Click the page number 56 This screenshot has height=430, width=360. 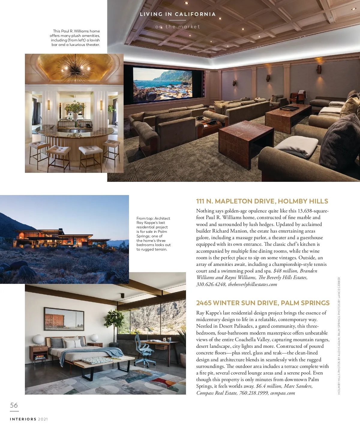click(14, 405)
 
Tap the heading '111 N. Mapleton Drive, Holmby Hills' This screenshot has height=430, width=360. click(262, 201)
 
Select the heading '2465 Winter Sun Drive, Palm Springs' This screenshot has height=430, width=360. click(263, 303)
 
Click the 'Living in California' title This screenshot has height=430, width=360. click(178, 14)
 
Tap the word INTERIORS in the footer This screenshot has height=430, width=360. click(23, 419)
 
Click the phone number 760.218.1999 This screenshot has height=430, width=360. click(253, 393)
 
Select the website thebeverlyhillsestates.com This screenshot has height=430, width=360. click(252, 284)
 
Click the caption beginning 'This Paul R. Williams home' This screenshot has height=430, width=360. click(75, 38)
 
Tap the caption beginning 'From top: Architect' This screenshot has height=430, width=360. click(153, 234)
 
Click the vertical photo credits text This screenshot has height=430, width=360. click(339, 335)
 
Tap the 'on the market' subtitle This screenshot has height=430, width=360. click(178, 27)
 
